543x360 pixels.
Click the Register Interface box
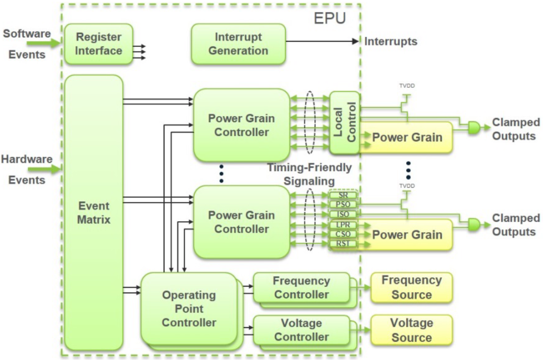pyautogui.click(x=98, y=44)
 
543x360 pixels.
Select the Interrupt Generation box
pyautogui.click(x=238, y=44)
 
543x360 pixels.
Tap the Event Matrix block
pyautogui.click(x=94, y=213)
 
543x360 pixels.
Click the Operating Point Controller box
pyautogui.click(x=189, y=308)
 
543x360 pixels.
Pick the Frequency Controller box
pyautogui.click(x=301, y=287)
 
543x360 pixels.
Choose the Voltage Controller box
pyautogui.click(x=301, y=330)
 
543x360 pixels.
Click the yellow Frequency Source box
pyautogui.click(x=411, y=287)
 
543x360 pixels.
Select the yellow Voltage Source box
pyautogui.click(x=411, y=330)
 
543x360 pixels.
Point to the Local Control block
pyautogui.click(x=344, y=123)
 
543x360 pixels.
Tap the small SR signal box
pyautogui.click(x=343, y=195)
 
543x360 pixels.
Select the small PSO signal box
pyautogui.click(x=343, y=204)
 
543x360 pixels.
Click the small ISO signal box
pyautogui.click(x=343, y=214)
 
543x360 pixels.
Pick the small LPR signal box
pyautogui.click(x=343, y=225)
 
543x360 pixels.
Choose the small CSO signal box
pyautogui.click(x=343, y=234)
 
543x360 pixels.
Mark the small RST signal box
pyautogui.click(x=343, y=244)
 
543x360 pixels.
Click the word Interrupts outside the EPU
pyautogui.click(x=391, y=41)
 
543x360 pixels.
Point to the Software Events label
pyautogui.click(x=27, y=44)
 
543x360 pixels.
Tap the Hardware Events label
pyautogui.click(x=27, y=170)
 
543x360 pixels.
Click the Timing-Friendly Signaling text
pyautogui.click(x=309, y=174)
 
